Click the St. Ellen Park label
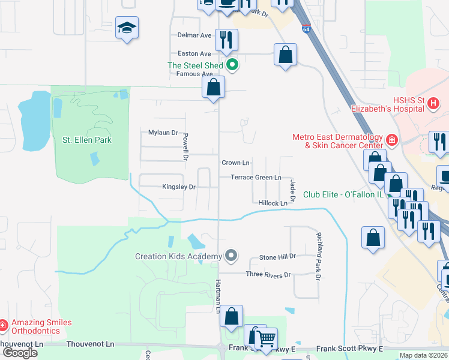click(x=87, y=140)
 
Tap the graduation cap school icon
click(x=127, y=28)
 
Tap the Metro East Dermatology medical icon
click(x=391, y=140)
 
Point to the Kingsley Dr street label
click(x=179, y=187)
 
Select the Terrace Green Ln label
click(x=256, y=178)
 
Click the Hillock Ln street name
click(x=273, y=203)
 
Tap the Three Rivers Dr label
click(x=268, y=274)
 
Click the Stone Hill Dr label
click(x=277, y=257)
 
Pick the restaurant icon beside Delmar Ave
click(x=226, y=40)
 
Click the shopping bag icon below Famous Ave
click(x=213, y=87)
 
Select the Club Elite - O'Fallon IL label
click(x=343, y=194)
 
